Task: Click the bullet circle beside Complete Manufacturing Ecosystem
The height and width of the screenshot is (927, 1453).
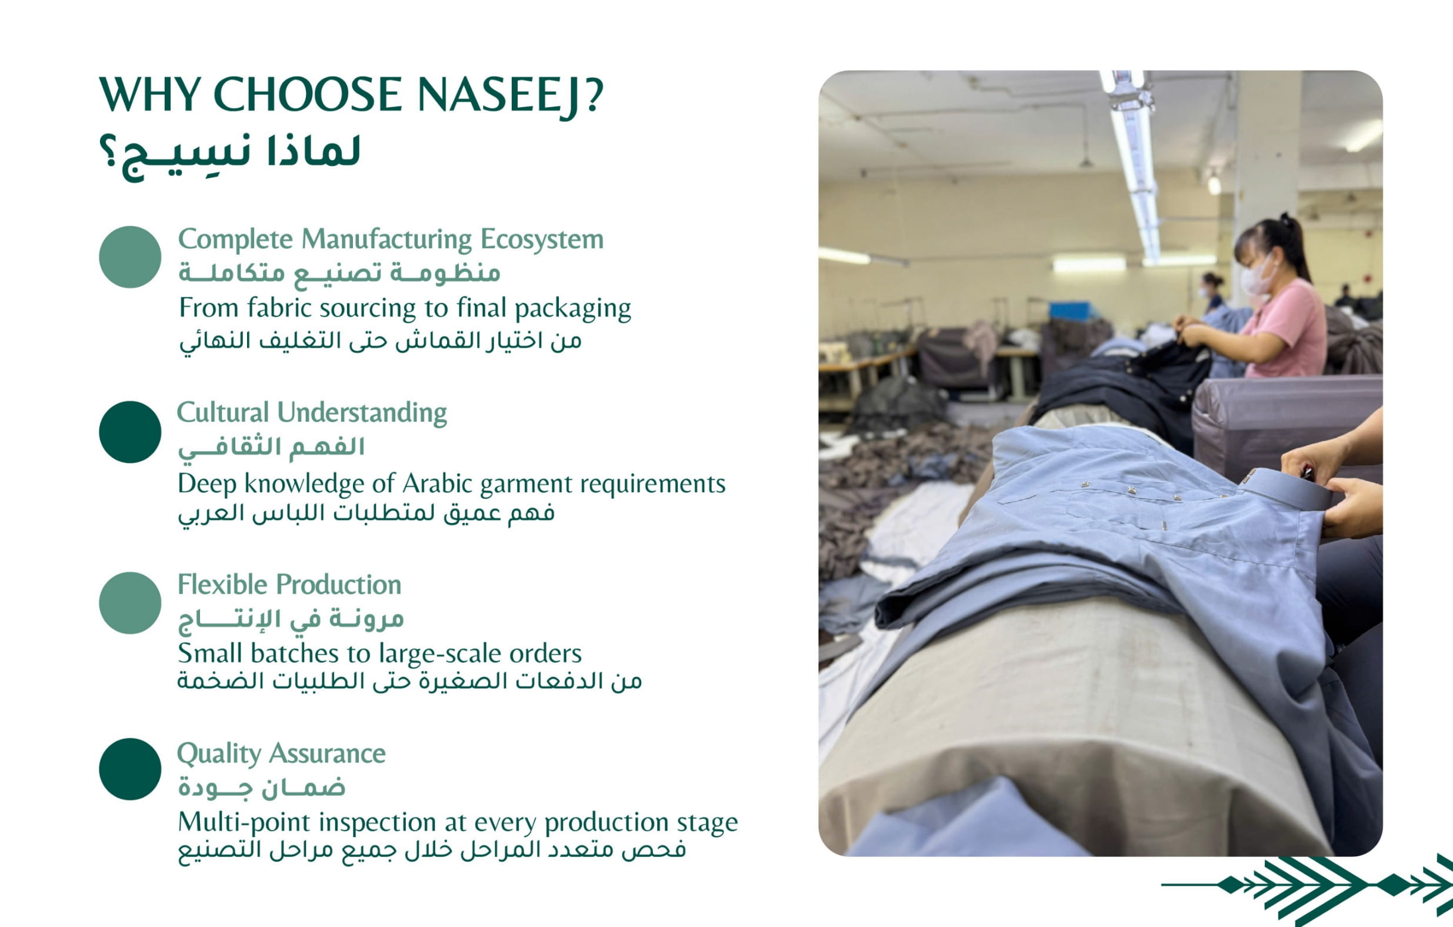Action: [130, 257]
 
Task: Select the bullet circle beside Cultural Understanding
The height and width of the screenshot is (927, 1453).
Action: [130, 432]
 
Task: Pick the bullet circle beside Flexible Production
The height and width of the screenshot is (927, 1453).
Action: [130, 603]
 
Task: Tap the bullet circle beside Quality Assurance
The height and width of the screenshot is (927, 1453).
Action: [130, 769]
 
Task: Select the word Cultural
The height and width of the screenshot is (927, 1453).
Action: [222, 413]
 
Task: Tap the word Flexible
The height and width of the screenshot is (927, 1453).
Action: [221, 585]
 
